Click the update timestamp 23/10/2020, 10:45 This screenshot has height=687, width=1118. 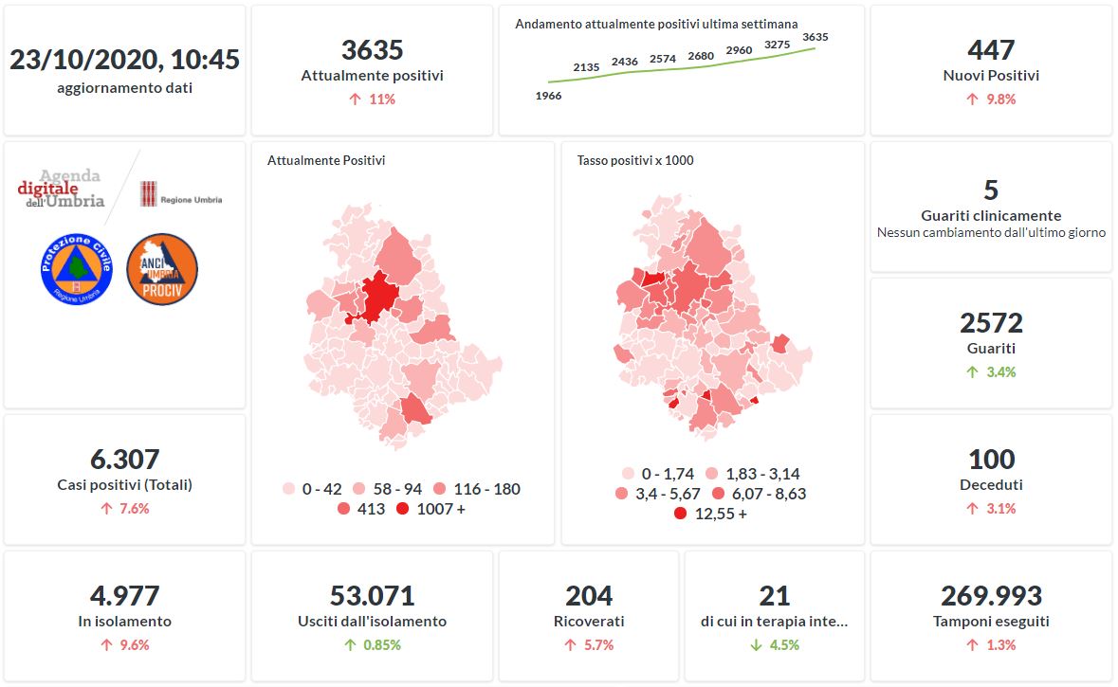pos(124,60)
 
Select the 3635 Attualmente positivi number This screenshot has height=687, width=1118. pos(372,49)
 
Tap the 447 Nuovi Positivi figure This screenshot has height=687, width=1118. pos(991,49)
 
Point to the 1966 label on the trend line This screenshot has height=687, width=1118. pos(548,96)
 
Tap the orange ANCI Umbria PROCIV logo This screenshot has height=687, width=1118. pos(161,269)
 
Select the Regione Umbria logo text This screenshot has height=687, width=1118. pos(191,200)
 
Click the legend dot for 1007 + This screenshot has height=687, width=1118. pos(403,510)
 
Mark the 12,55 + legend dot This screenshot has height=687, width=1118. pos(680,514)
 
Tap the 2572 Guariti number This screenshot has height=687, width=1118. pos(991,323)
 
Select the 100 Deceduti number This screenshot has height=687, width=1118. pos(991,460)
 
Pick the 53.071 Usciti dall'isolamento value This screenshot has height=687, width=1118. pos(372,596)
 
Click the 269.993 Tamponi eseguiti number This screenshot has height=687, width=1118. pos(991,596)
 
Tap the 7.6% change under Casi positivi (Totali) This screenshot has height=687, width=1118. pos(124,509)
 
